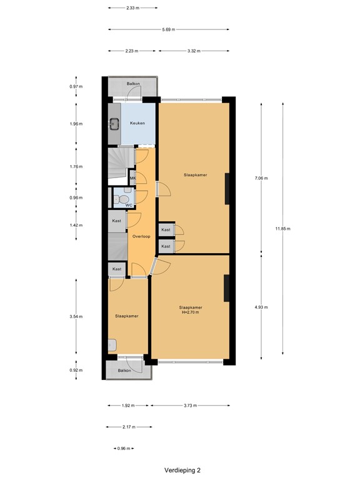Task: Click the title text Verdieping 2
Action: (182, 469)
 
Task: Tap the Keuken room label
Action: (137, 123)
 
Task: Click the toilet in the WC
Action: (118, 199)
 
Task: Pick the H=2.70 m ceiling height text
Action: (190, 312)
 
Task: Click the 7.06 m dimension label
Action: (261, 178)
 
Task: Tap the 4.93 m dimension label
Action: (261, 307)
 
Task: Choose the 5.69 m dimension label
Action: (168, 29)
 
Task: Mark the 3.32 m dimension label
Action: (193, 51)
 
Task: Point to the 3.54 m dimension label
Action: (76, 316)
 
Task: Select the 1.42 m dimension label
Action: (76, 224)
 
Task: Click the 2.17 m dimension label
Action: (130, 427)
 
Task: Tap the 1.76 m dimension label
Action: (76, 166)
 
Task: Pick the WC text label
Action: (128, 205)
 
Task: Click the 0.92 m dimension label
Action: (76, 371)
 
